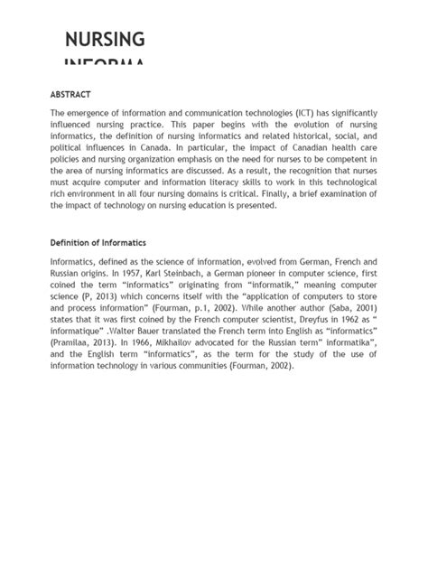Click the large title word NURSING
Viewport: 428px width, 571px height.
coord(105,40)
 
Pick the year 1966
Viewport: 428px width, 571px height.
coord(170,342)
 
